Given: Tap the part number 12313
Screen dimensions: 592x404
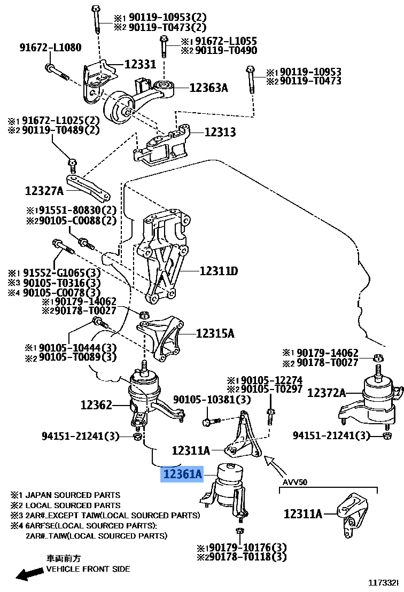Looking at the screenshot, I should [x=220, y=132].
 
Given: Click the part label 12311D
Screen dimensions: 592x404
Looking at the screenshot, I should [x=219, y=271].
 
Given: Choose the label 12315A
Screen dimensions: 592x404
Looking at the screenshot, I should [x=215, y=333].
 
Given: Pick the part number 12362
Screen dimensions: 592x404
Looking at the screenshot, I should [x=97, y=404].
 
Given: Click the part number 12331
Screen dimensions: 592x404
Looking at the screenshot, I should [x=141, y=64].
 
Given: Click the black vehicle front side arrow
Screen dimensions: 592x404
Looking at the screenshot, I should [x=30, y=574].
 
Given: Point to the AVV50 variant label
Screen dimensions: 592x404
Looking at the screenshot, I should [x=295, y=482].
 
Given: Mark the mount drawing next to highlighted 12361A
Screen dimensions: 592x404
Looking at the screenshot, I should [x=227, y=492].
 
